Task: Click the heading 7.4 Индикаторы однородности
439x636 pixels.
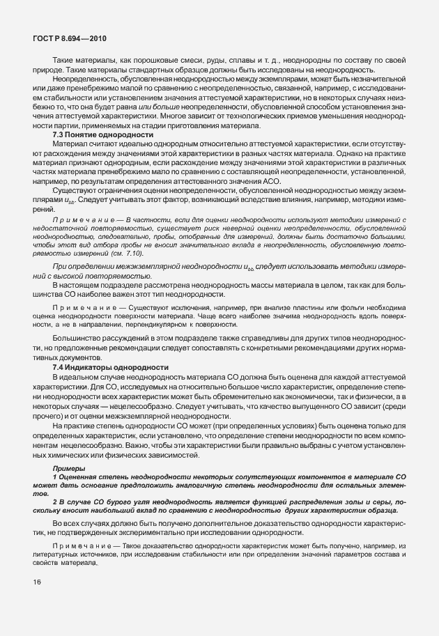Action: coord(107,367)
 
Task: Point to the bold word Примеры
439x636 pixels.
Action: coord(69,469)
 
